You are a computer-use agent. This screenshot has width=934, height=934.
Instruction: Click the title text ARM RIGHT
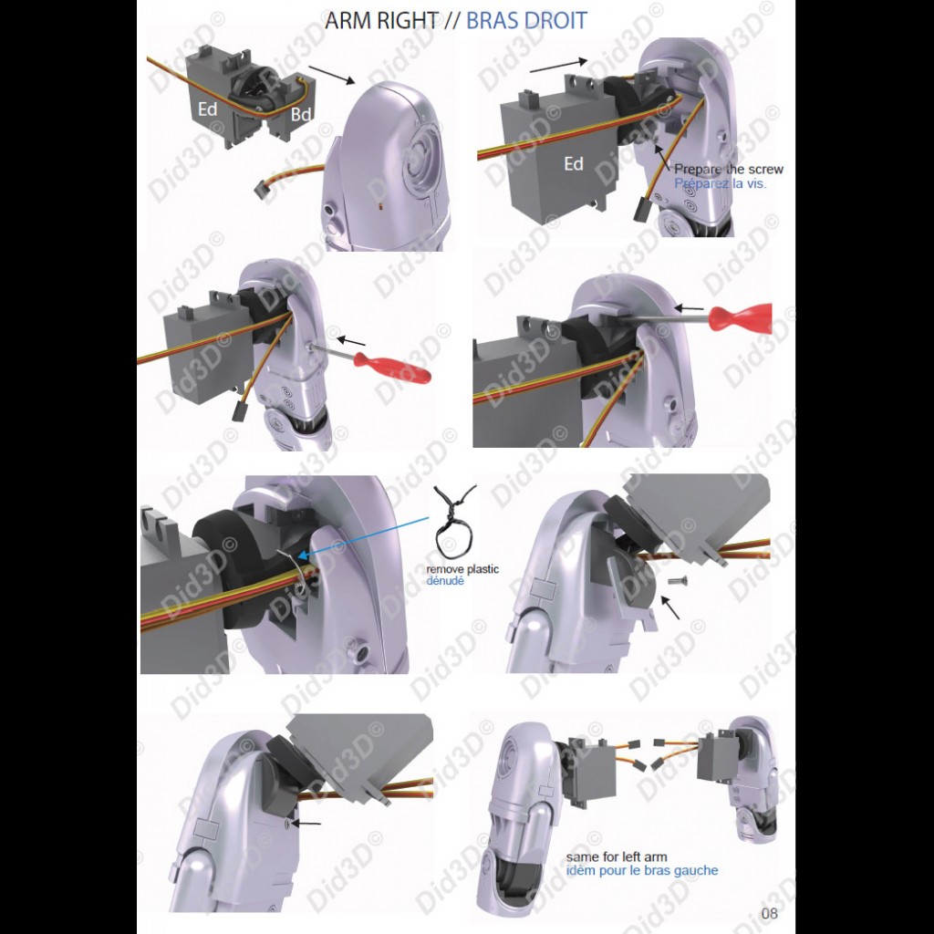[x=381, y=20]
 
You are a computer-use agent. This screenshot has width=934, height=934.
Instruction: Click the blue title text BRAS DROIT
[x=526, y=20]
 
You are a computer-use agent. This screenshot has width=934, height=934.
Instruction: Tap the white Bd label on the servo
[x=301, y=114]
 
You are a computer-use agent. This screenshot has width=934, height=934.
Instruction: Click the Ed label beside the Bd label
[x=208, y=109]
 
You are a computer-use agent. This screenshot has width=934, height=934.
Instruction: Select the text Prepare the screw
[x=729, y=169]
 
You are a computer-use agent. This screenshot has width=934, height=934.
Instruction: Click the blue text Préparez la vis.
[x=721, y=183]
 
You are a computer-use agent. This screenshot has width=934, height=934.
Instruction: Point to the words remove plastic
[x=462, y=569]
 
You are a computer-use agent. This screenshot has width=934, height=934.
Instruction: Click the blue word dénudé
[x=445, y=581]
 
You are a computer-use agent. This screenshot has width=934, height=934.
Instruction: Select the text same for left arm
[x=617, y=857]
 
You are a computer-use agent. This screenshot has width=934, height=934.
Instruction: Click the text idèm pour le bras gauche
[x=642, y=871]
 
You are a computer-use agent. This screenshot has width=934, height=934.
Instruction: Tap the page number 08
[x=769, y=913]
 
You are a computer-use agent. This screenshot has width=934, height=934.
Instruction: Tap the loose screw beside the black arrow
[x=678, y=580]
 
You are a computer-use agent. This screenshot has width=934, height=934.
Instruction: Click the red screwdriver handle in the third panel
[x=392, y=367]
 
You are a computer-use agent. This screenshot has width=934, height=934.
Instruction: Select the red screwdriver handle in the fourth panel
[x=741, y=318]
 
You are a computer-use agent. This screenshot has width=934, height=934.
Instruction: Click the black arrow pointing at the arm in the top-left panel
[x=332, y=75]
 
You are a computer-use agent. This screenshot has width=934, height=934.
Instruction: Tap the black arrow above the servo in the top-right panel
[x=559, y=66]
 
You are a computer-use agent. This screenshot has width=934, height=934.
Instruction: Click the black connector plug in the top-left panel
[x=260, y=192]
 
